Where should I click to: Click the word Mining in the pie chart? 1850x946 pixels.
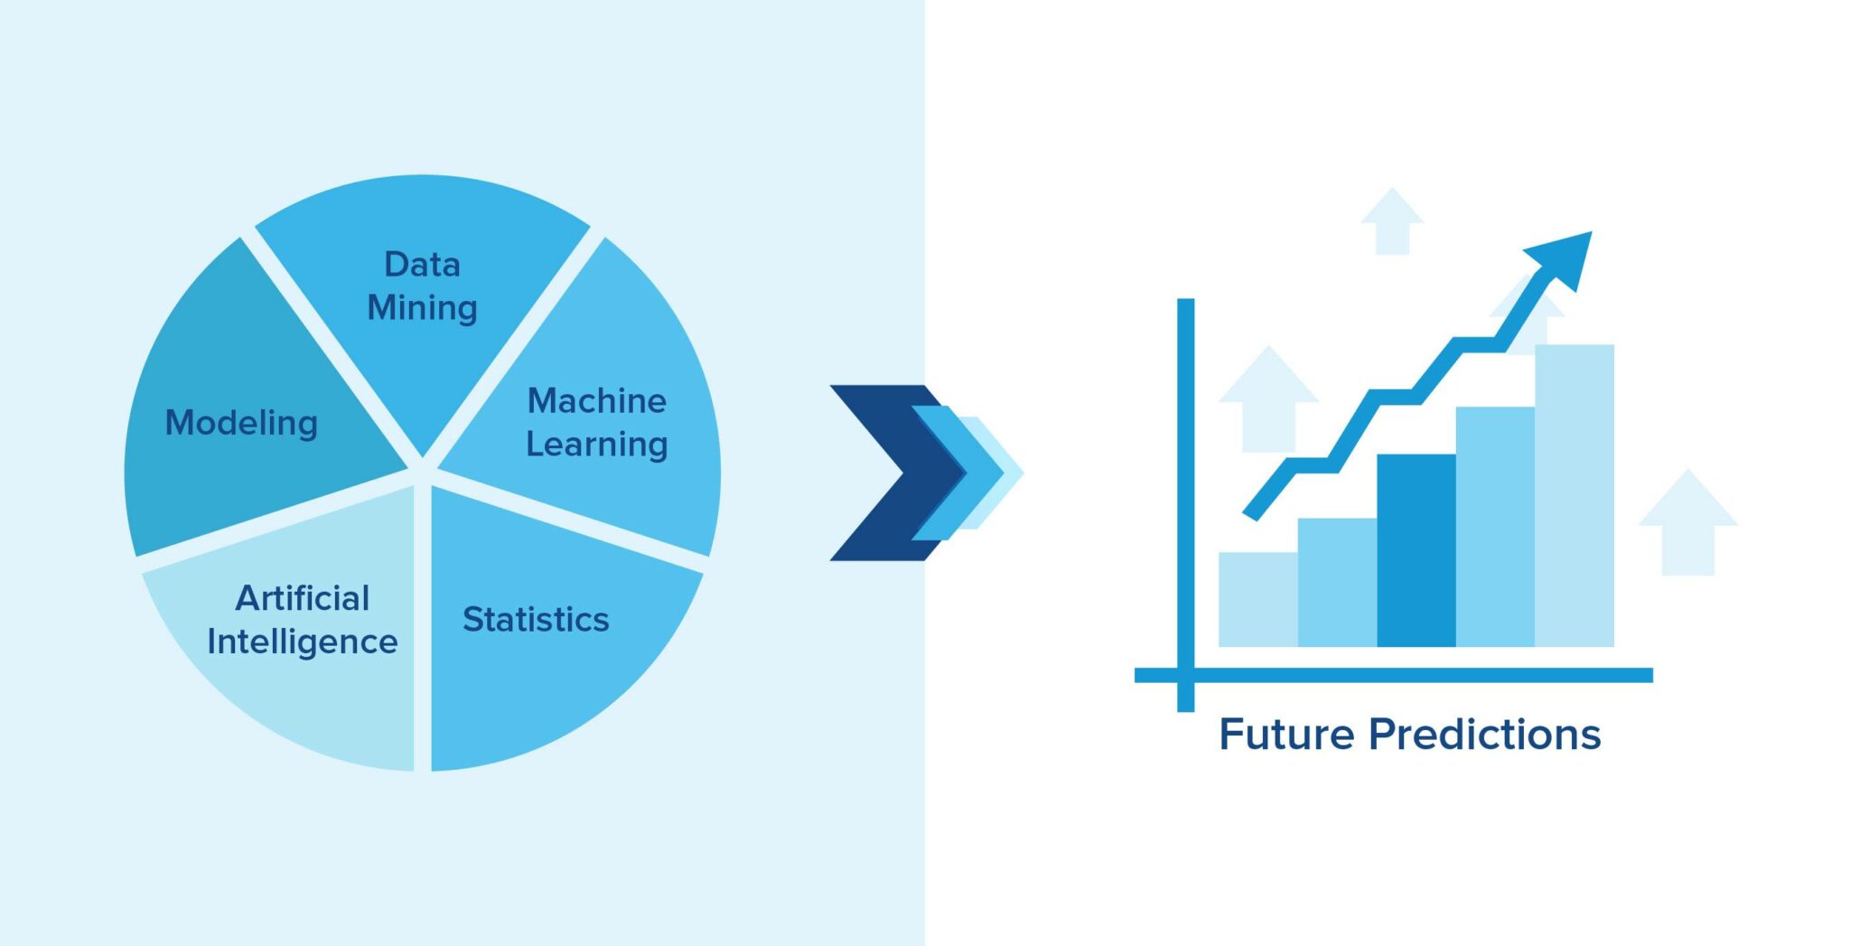(x=422, y=309)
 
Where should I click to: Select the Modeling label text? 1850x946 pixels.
(x=241, y=423)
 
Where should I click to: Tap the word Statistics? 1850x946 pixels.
(x=536, y=620)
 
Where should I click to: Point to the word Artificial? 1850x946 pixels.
(x=303, y=598)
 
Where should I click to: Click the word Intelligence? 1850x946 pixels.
(x=303, y=642)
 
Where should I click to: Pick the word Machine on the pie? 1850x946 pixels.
(x=597, y=400)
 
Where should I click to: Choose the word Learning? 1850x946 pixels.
(x=597, y=445)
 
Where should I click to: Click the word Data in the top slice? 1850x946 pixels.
(x=422, y=265)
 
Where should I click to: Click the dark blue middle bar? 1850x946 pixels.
(x=1416, y=550)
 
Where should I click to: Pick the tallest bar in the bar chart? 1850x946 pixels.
(x=1574, y=495)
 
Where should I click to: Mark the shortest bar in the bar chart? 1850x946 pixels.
(x=1257, y=599)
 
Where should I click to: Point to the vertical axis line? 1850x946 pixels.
(x=1185, y=505)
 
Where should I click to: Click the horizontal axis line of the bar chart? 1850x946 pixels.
(x=1393, y=675)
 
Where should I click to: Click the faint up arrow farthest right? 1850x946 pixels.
(x=1687, y=521)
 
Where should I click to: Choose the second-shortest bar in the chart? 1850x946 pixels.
(x=1337, y=582)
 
